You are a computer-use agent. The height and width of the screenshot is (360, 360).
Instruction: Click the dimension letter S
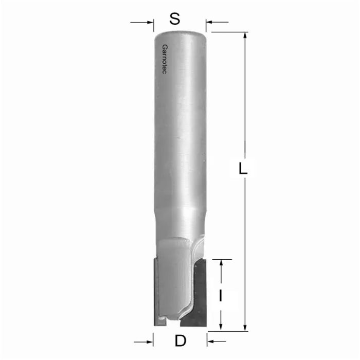175,19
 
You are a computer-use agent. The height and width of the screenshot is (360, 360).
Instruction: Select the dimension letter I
221,296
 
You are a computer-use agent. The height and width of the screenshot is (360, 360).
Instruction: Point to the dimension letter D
180,340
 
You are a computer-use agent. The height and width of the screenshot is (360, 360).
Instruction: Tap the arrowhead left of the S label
150,23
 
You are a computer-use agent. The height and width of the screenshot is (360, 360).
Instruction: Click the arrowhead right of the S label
209,23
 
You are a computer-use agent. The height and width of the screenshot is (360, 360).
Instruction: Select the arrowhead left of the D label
150,340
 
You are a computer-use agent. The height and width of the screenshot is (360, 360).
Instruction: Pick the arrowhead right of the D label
210,340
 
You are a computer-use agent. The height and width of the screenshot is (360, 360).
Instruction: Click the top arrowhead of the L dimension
245,35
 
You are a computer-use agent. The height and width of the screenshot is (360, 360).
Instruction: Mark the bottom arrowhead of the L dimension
245,328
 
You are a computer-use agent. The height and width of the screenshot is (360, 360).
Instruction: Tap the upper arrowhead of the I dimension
221,263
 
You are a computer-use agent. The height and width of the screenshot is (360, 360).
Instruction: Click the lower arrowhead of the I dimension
221,328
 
